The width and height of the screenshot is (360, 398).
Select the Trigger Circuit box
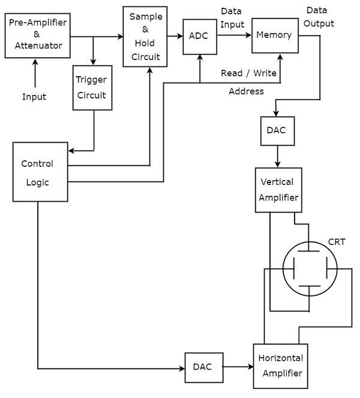[92, 88]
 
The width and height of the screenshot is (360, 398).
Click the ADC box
[199, 37]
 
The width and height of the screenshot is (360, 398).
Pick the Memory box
[274, 35]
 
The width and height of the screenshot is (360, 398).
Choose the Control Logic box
[37, 172]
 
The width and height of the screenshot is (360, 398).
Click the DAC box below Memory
[277, 130]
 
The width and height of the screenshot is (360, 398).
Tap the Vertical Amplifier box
[278, 190]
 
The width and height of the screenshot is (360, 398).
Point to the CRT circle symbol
[310, 269]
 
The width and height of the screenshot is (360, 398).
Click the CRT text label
[337, 242]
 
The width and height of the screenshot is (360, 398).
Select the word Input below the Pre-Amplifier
[34, 97]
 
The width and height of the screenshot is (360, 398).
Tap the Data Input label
[232, 18]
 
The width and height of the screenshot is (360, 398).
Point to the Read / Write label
[248, 73]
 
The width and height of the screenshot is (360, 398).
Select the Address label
[246, 91]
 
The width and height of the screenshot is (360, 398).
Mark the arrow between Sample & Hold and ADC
[175, 37]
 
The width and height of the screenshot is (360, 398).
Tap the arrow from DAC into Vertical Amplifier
[277, 157]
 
